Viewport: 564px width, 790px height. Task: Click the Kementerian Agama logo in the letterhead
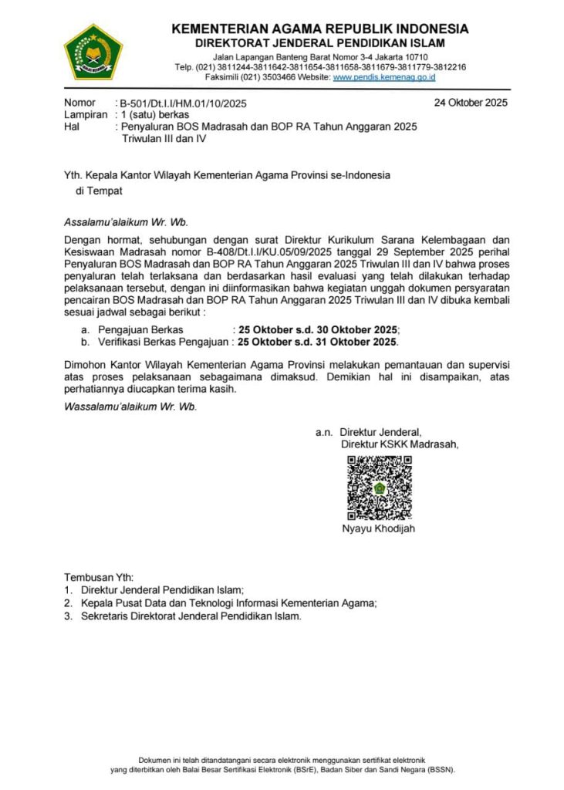tap(93, 52)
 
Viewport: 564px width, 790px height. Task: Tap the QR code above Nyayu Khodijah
tap(378, 488)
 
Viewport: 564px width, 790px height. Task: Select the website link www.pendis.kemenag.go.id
tap(384, 77)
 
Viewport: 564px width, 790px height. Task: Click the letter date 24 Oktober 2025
tap(471, 103)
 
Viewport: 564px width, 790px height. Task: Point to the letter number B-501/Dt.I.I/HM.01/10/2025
tap(183, 103)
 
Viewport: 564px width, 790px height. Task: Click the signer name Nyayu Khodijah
tap(378, 528)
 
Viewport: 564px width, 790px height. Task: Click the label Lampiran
tap(85, 114)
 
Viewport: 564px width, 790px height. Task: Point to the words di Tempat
tap(99, 190)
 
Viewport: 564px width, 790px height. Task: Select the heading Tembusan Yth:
tap(99, 577)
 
